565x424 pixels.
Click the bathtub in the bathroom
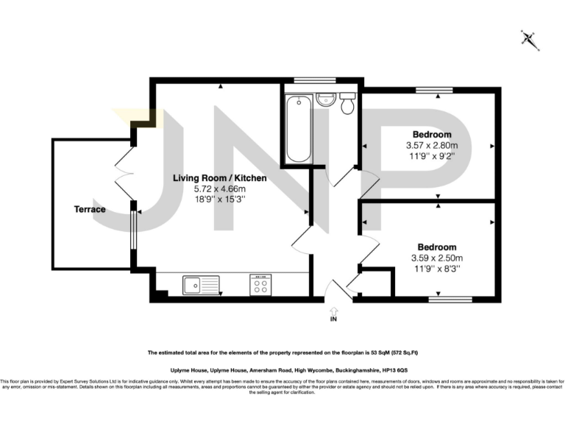point(299,128)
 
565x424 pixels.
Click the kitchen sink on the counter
point(199,283)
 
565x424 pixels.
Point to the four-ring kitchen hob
point(260,284)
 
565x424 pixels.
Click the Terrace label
point(89,209)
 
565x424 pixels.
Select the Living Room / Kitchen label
point(219,178)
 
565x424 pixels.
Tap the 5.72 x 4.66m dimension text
point(219,189)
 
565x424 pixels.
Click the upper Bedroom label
point(432,134)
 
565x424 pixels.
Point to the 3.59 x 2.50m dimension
point(437,258)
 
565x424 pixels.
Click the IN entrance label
point(333,318)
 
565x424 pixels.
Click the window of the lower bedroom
point(450,299)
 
